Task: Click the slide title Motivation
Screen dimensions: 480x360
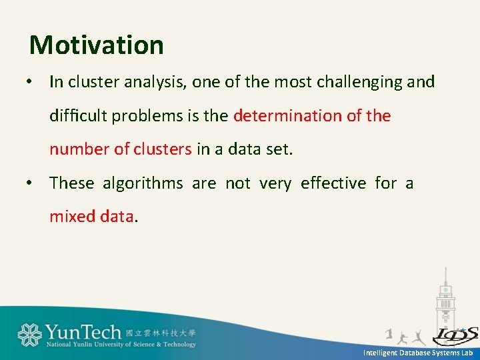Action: click(x=97, y=45)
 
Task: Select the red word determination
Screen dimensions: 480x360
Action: click(x=287, y=115)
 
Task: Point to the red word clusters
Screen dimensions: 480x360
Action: click(x=163, y=149)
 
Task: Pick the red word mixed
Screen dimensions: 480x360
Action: click(x=72, y=216)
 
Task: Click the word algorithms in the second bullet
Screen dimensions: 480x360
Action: click(x=143, y=184)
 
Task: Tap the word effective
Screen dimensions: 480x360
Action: click(x=333, y=183)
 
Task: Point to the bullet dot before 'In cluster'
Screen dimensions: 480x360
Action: click(x=29, y=82)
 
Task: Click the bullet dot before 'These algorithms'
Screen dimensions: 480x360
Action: click(x=29, y=183)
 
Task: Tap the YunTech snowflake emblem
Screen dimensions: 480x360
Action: click(x=30, y=335)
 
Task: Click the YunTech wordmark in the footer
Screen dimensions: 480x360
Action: click(x=83, y=332)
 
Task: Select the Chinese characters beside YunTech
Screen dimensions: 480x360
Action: click(x=161, y=333)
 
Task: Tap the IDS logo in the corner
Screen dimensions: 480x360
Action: click(x=455, y=336)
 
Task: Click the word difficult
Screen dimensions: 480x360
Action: click(x=78, y=115)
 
